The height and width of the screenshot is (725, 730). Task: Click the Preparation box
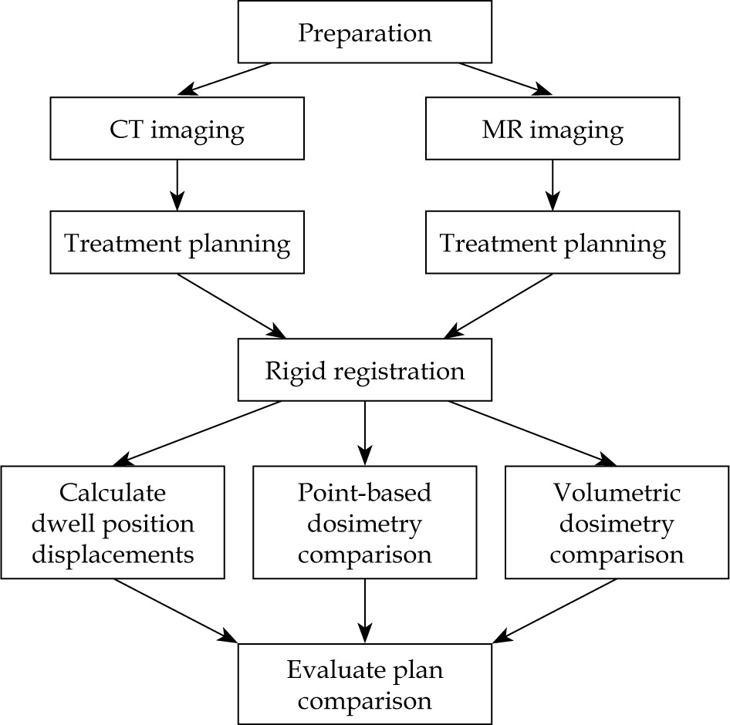tap(364, 32)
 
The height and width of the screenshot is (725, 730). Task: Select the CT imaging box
tap(177, 130)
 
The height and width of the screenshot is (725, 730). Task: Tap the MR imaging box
tap(553, 130)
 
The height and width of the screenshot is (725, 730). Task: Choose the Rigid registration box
tap(364, 371)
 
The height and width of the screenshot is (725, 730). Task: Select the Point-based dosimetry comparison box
tap(364, 522)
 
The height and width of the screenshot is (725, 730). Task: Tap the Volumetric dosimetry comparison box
tap(617, 522)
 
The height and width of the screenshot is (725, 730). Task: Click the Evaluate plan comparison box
tap(364, 683)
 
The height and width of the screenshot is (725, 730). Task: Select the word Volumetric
tap(617, 492)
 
